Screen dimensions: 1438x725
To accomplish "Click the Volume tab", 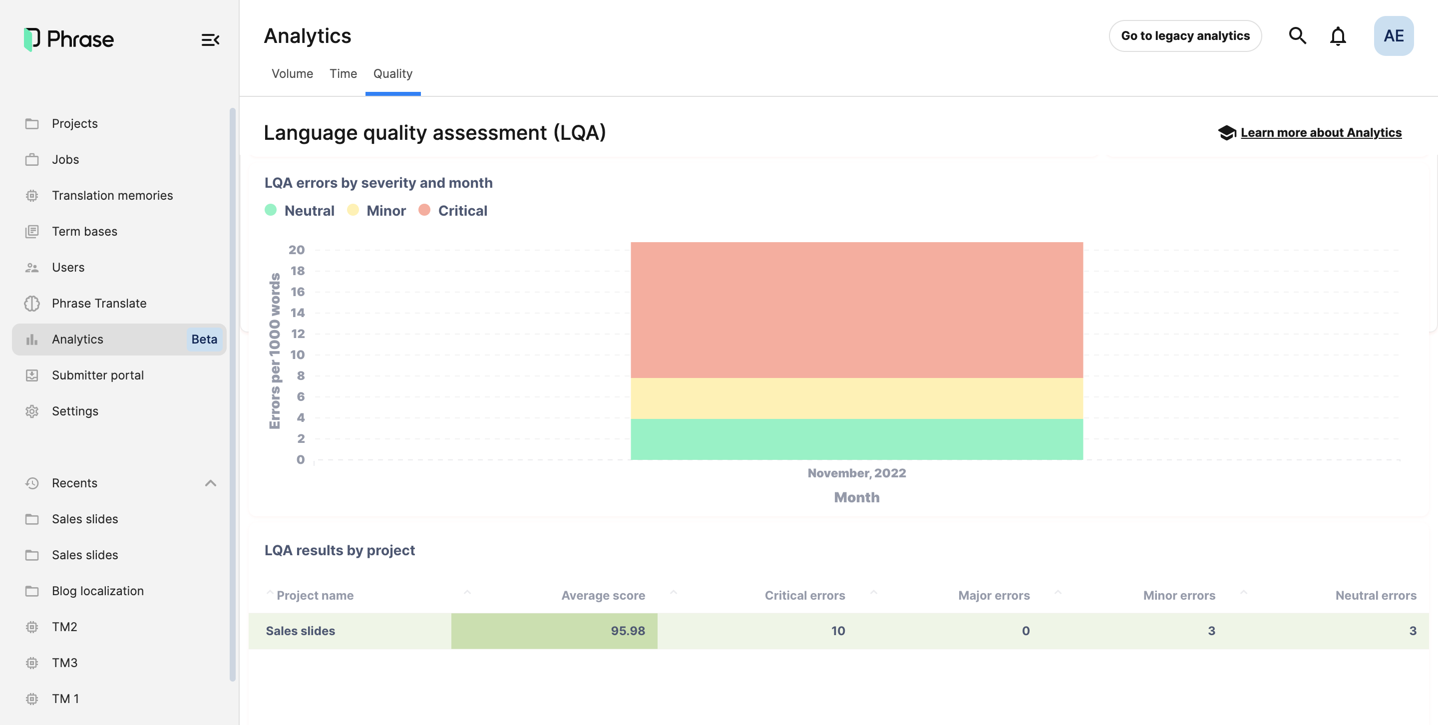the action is tap(292, 74).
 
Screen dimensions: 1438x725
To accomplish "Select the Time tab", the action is tap(343, 74).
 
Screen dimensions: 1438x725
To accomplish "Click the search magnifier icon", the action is tap(1297, 36).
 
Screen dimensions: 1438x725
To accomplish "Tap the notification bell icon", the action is tap(1338, 36).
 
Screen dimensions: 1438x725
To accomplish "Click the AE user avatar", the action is tap(1394, 36).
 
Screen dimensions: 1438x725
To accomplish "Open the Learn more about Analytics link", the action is tap(1321, 133).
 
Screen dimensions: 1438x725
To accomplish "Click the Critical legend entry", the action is tap(462, 210).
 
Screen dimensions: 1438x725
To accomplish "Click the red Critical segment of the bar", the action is tap(856, 310).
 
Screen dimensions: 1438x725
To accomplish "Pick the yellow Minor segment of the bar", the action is tap(856, 398).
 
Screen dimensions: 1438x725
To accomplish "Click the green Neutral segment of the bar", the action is tap(856, 439).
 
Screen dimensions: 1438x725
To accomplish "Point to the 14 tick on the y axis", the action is tap(298, 313).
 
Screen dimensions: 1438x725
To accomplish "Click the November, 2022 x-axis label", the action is tap(856, 473).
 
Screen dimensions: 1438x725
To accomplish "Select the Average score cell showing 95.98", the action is tap(554, 631).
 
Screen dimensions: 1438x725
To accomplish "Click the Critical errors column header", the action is tap(804, 596).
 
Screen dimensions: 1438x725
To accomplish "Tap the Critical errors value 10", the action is tap(837, 631).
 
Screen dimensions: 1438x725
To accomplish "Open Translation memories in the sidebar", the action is tap(112, 195).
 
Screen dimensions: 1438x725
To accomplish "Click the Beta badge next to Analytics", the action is tap(204, 340).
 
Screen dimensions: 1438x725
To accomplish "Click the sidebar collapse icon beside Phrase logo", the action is tap(210, 39).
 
